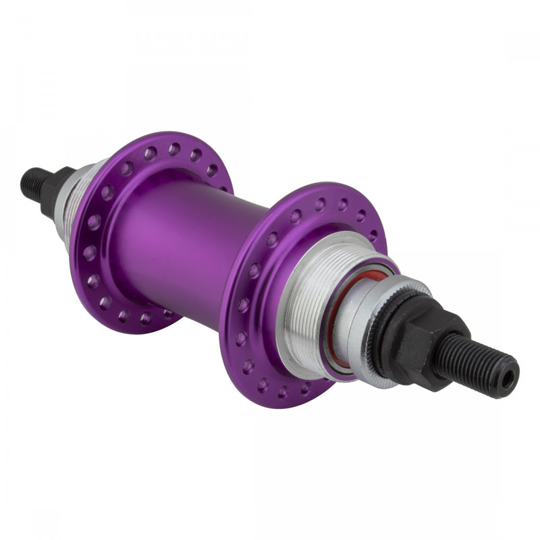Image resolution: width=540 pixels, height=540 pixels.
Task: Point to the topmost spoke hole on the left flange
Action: click(x=175, y=148)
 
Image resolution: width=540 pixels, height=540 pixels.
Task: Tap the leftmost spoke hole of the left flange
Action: click(x=90, y=252)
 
